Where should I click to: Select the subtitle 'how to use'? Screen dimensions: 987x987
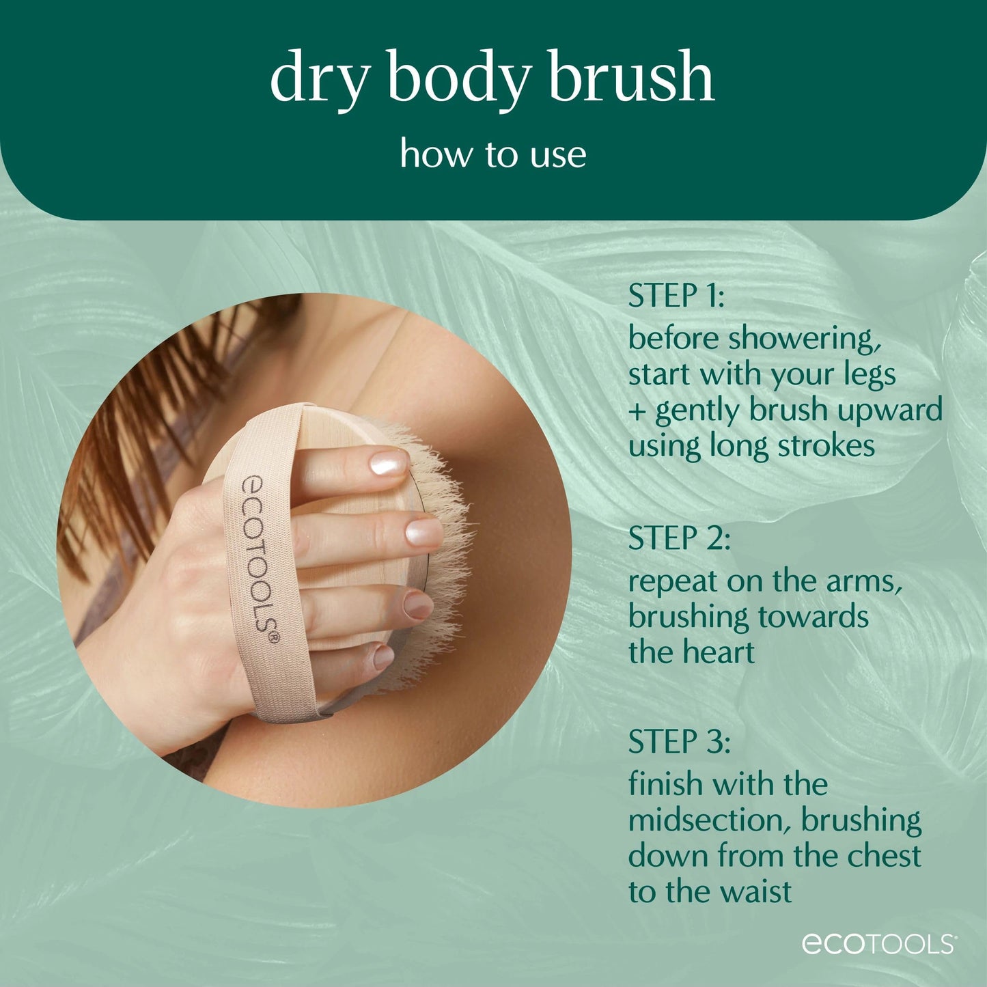pos(493,154)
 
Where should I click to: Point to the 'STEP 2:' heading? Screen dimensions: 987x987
pos(679,538)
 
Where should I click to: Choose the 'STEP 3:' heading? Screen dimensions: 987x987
pos(679,741)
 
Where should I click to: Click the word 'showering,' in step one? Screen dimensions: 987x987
pos(804,339)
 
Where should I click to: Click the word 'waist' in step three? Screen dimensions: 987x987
pos(753,891)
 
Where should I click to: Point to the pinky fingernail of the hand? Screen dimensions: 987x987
pos(383,657)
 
